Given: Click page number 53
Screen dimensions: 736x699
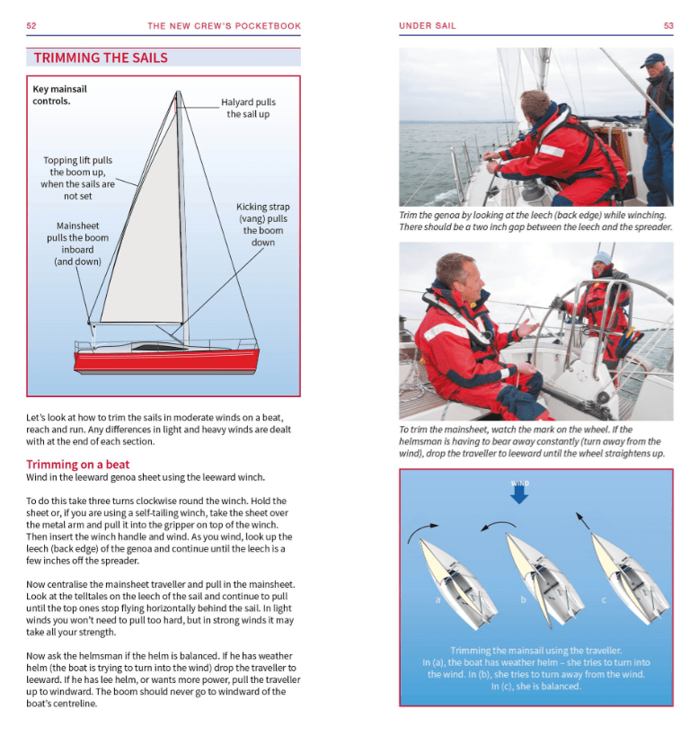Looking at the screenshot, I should pos(668,26).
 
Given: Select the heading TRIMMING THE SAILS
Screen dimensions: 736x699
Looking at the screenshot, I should pos(101,58).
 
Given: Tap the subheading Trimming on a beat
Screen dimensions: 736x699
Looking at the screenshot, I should pos(78,465).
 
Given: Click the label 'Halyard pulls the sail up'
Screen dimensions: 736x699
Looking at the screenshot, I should pos(248,108).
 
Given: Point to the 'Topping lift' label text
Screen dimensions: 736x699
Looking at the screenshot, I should pos(77,178).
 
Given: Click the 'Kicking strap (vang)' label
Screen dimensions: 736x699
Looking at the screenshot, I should pos(263,225).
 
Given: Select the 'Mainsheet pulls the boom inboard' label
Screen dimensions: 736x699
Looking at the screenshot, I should pos(77,244).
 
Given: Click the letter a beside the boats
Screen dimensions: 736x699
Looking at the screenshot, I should pos(437,599).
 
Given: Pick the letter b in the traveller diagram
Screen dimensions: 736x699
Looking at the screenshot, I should pos(522,599).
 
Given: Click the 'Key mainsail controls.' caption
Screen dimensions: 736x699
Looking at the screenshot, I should pos(59,94).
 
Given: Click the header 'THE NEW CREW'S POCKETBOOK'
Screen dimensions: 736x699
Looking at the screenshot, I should pos(225,26).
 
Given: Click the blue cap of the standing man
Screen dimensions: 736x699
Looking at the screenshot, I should pos(653,59).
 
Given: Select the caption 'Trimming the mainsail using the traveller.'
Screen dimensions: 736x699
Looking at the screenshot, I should pos(535,650).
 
